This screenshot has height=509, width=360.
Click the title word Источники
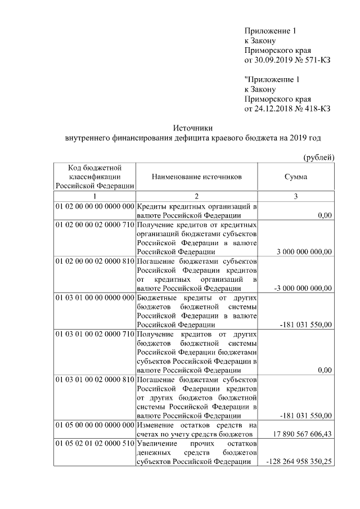click(x=192, y=128)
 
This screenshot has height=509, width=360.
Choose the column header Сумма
click(x=296, y=177)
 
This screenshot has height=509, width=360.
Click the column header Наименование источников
click(x=196, y=177)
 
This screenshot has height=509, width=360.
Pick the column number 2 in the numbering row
click(x=196, y=196)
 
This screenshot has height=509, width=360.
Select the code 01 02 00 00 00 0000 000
click(x=94, y=206)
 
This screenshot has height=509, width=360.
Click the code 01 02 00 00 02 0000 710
click(x=94, y=225)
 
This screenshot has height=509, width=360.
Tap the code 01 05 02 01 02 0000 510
click(x=94, y=444)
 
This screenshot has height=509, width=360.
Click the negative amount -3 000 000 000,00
click(x=302, y=288)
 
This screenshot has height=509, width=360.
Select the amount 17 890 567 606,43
click(x=302, y=434)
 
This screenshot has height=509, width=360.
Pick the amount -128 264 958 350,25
click(x=298, y=462)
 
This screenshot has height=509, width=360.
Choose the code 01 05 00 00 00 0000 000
click(x=94, y=425)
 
